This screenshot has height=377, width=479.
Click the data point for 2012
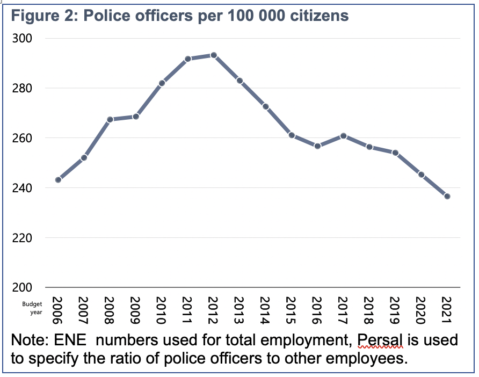point(214,55)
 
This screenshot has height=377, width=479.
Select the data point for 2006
point(58,180)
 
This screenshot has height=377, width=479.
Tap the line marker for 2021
point(447,197)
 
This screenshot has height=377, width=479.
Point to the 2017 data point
point(343,136)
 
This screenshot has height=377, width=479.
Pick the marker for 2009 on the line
point(136,117)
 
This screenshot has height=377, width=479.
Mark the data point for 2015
point(292,135)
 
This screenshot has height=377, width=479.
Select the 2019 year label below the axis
point(395,310)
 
